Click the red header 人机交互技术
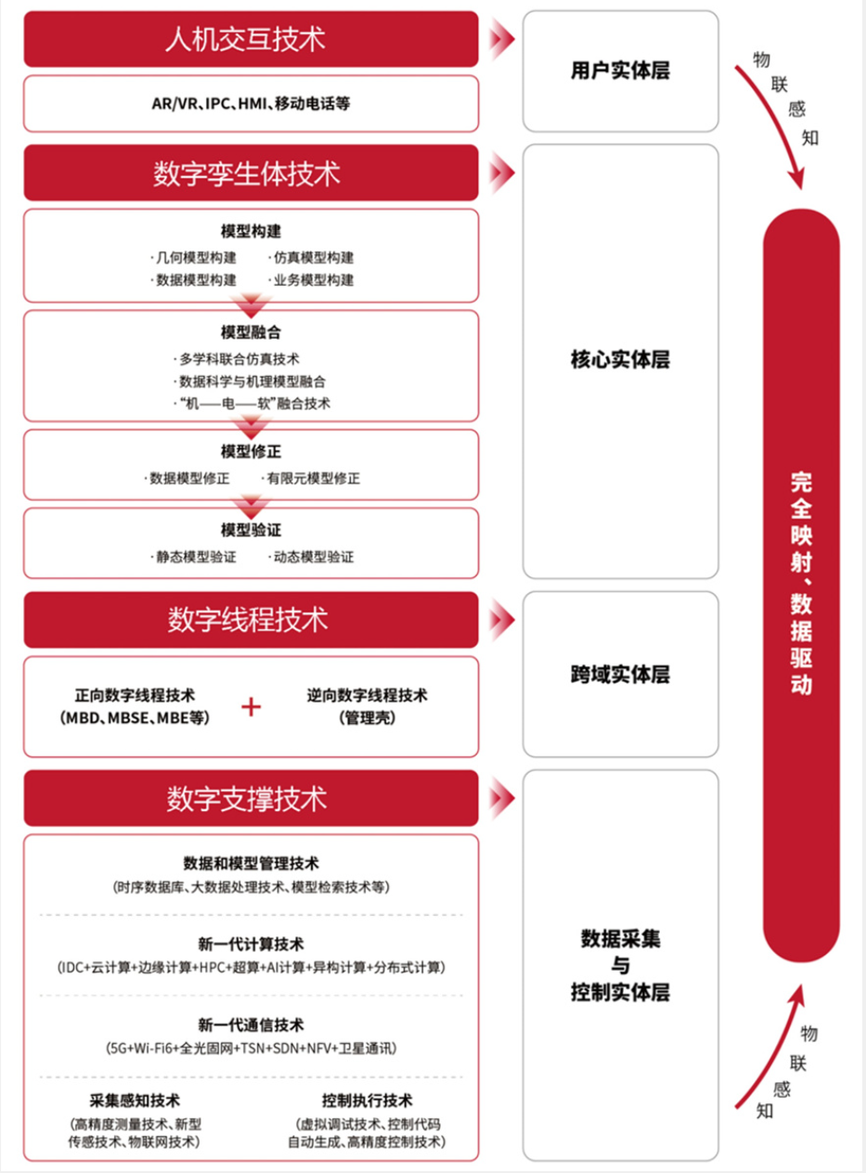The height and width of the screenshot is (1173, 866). click(251, 39)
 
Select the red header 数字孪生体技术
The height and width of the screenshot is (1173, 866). click(251, 174)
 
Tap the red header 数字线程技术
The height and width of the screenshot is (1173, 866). click(251, 620)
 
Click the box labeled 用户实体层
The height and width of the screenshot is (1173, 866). click(620, 71)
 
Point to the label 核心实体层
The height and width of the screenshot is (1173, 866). click(620, 360)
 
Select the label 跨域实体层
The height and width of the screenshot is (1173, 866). click(620, 675)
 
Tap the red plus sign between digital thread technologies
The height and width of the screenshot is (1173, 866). click(252, 707)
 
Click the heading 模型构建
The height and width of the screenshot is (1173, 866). click(251, 231)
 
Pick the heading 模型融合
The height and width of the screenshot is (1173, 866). click(251, 332)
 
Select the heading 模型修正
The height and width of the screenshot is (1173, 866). click(251, 452)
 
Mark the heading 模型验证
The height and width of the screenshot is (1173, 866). click(251, 530)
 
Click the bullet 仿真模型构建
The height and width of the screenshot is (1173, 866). click(312, 257)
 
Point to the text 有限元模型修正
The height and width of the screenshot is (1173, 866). click(313, 479)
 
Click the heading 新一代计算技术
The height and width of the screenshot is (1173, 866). click(251, 944)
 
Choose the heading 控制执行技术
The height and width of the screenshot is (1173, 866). click(367, 1101)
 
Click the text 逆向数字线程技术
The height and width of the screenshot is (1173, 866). click(367, 695)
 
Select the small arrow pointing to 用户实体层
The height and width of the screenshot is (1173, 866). click(502, 38)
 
